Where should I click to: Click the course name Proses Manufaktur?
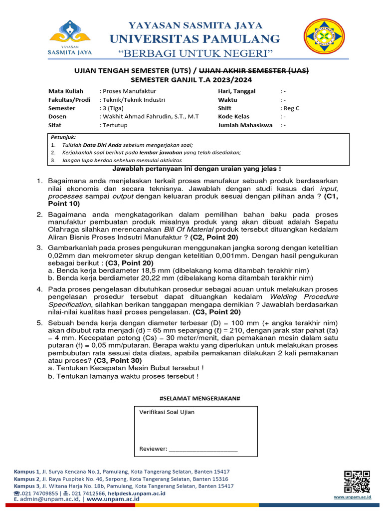pyautogui.click(x=129, y=91)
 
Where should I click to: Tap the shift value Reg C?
pyautogui.click(x=291, y=108)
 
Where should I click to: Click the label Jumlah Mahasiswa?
pyautogui.click(x=245, y=125)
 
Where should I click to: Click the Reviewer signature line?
pyautogui.click(x=203, y=449)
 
